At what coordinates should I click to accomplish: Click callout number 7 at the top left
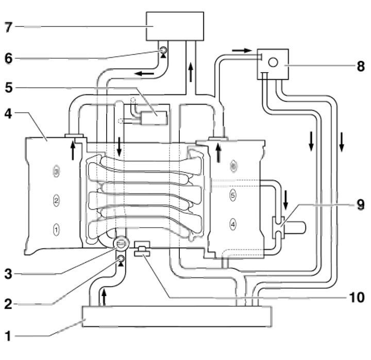pos(7,26)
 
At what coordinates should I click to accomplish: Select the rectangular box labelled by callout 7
pos(175,26)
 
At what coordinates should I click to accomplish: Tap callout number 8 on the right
pos(360,66)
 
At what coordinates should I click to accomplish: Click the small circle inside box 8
pos(274,62)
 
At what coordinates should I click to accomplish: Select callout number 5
pos(7,88)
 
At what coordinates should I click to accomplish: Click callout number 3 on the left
pos(7,274)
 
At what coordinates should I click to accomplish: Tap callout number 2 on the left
pos(7,304)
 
